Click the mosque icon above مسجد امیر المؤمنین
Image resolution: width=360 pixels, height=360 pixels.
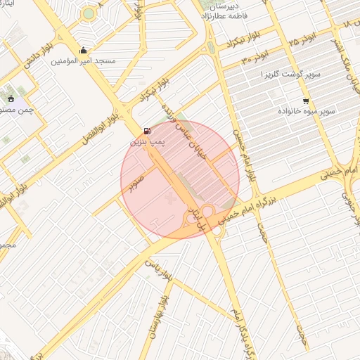pos(84,50)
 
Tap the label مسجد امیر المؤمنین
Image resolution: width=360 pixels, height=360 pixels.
pos(84,61)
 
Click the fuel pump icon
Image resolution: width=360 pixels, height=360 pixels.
pos(146,131)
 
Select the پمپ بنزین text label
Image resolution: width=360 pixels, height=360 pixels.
pos(146,142)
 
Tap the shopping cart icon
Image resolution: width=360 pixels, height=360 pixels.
pos(305,101)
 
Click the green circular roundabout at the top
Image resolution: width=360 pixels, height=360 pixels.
pos(88,13)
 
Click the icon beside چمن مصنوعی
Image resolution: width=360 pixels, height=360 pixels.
pos(11,98)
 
